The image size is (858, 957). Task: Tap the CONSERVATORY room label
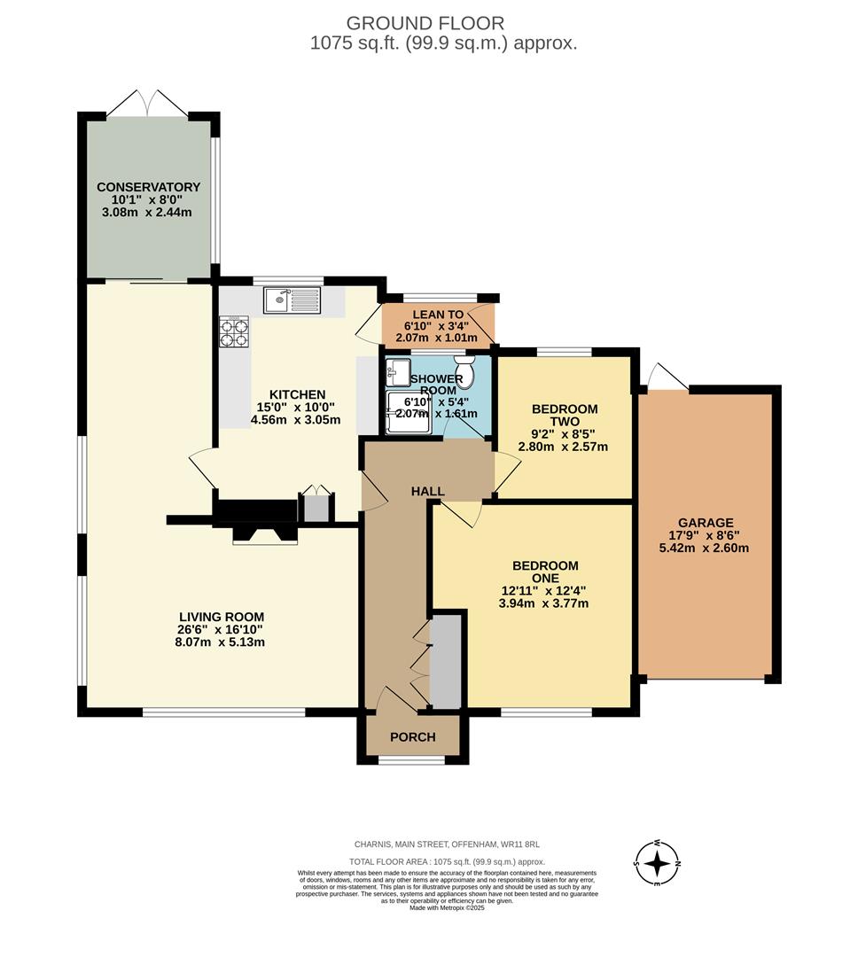[148, 187]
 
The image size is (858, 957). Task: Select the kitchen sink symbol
[292, 300]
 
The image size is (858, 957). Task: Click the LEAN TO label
[438, 315]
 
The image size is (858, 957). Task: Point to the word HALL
[427, 492]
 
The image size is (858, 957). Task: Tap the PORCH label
[413, 737]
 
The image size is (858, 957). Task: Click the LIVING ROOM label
[222, 617]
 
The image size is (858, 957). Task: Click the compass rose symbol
[657, 862]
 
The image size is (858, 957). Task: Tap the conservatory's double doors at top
[148, 103]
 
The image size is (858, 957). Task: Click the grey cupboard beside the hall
[445, 661]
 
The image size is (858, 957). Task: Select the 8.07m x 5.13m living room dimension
[222, 642]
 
